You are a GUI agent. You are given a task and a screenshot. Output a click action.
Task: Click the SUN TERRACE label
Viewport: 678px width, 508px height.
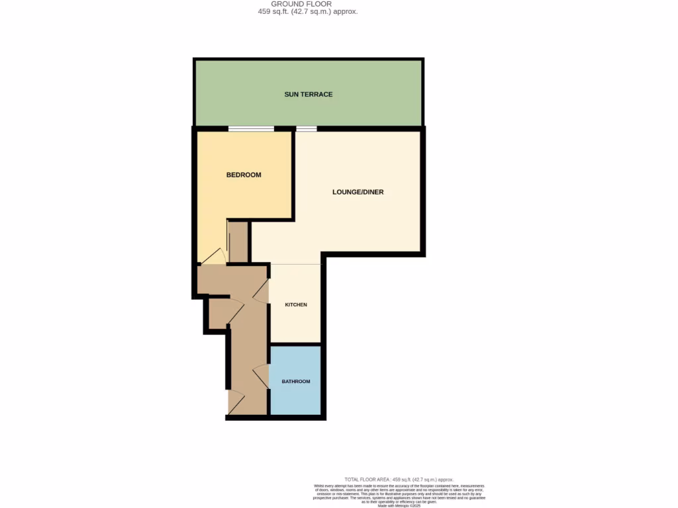(x=309, y=95)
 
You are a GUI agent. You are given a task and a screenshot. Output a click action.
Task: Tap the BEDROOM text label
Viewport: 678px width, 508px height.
(x=244, y=175)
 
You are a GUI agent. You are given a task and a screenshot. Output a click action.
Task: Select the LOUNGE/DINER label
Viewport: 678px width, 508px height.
(x=358, y=192)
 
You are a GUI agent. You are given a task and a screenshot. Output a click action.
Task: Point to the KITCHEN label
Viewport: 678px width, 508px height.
(x=296, y=305)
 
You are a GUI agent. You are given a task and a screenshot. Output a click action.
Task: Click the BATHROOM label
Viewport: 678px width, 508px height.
(x=296, y=382)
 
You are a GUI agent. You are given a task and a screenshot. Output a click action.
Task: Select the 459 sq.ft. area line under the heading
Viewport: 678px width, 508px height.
(x=308, y=12)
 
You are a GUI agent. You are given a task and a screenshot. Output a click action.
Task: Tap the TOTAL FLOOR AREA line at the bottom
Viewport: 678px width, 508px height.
(x=399, y=480)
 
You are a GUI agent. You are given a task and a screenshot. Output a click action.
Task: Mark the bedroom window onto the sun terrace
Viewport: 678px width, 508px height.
(x=251, y=128)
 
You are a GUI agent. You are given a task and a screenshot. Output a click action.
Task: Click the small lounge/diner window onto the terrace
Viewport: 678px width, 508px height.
(x=306, y=128)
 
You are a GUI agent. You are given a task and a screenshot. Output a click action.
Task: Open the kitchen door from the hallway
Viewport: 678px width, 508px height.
(x=261, y=291)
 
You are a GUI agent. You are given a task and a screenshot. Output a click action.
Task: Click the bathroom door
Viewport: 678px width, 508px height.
(x=261, y=377)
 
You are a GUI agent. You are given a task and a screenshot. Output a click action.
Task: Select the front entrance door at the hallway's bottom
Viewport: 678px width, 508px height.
(x=236, y=403)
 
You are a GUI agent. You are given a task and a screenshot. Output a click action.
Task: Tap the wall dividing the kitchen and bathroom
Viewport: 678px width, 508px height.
(x=295, y=345)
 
